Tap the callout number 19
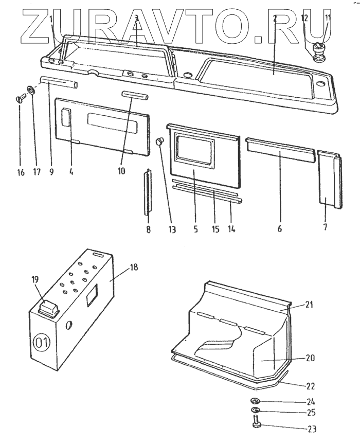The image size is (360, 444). click(x=35, y=280)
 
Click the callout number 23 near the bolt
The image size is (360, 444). click(x=312, y=429)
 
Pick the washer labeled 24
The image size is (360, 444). click(x=255, y=401)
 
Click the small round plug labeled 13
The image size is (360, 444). click(x=160, y=140)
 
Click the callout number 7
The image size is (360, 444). click(x=326, y=227)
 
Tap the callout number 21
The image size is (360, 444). click(x=309, y=305)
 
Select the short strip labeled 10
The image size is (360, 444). click(x=135, y=95)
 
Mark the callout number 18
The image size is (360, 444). click(x=134, y=268)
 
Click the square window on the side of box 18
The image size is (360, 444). click(x=93, y=297)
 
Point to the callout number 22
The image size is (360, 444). click(x=310, y=386)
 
